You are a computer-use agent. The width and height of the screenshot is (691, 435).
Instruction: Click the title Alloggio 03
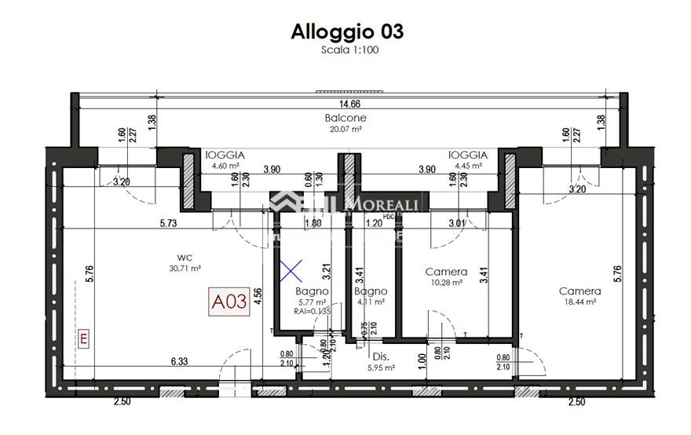(347, 31)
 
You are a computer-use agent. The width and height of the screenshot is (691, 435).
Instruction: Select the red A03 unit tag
(229, 302)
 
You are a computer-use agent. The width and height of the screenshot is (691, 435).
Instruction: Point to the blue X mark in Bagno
(291, 272)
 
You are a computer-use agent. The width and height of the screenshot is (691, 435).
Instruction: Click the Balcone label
(345, 119)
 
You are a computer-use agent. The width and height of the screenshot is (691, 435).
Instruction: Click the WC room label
(186, 257)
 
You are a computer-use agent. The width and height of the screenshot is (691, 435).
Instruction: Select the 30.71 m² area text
(186, 268)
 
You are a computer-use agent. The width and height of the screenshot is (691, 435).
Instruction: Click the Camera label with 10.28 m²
(446, 272)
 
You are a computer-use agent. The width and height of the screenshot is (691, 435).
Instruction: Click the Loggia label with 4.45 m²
(468, 155)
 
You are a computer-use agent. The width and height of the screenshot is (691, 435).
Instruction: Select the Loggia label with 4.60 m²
(225, 155)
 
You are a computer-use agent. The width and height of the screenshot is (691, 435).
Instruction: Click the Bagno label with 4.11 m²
(370, 291)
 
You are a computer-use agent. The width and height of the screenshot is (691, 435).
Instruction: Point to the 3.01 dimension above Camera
(456, 223)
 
